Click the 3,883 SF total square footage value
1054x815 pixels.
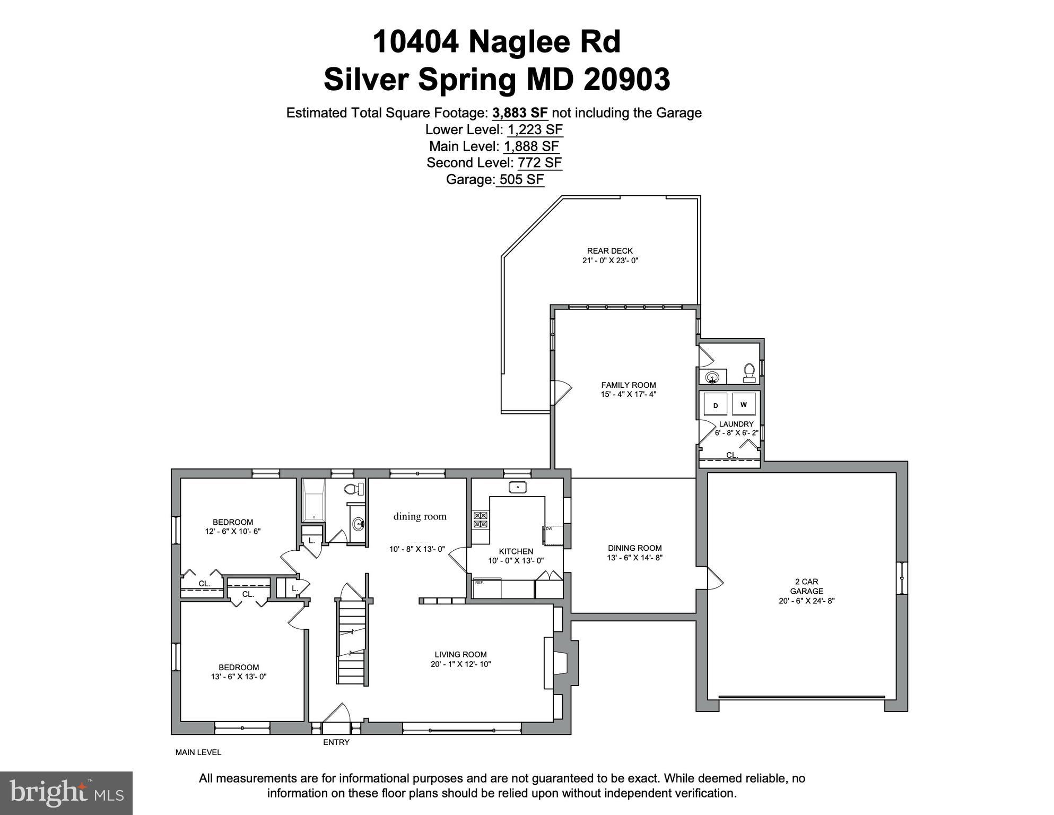519,112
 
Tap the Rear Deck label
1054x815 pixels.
609,251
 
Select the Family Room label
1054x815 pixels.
628,385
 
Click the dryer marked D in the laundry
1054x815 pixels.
715,405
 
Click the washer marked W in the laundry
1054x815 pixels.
744,404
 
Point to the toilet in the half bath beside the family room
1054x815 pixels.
749,371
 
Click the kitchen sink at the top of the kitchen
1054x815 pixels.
517,487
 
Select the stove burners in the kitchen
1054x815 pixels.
481,519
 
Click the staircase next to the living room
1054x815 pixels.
352,642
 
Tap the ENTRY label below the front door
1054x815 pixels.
336,742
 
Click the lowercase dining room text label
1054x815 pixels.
420,516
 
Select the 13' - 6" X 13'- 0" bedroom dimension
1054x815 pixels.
238,677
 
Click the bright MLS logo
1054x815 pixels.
66,793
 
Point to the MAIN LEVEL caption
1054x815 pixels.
198,752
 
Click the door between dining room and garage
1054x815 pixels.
714,578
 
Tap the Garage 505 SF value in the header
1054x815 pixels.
521,179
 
